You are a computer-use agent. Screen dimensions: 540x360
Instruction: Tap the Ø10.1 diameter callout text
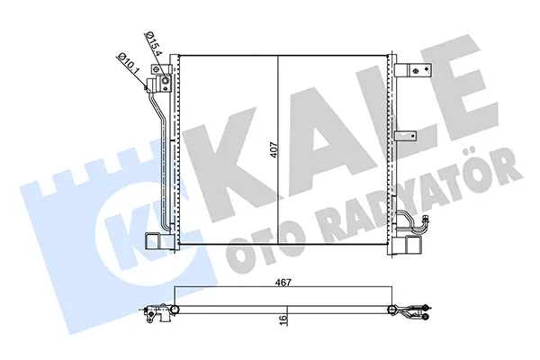tap(127, 65)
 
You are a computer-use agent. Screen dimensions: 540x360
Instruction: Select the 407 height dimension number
tap(274, 150)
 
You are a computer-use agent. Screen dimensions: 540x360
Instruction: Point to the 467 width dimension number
tap(283, 283)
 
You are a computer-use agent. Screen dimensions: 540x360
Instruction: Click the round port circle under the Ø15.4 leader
tap(166, 81)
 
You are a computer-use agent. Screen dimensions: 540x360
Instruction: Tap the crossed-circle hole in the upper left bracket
tap(157, 69)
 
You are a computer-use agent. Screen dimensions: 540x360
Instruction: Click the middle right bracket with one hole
tap(407, 136)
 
